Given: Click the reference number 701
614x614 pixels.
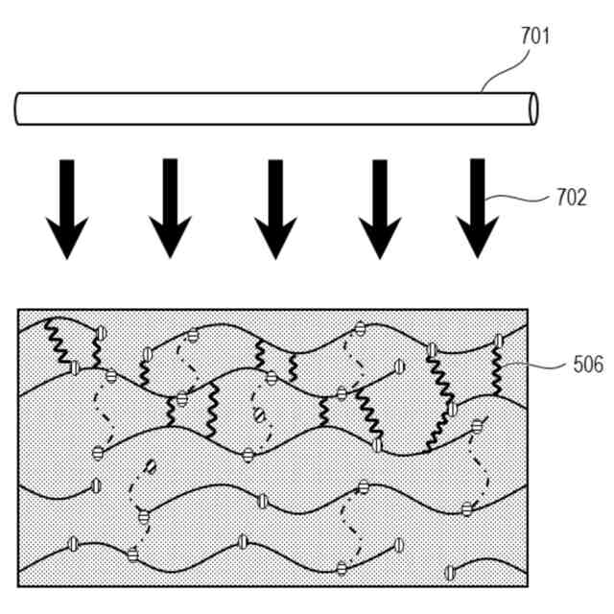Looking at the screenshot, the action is [535, 37].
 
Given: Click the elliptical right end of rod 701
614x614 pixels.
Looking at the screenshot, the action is [532, 108].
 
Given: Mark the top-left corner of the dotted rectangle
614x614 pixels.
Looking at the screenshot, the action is [19, 310].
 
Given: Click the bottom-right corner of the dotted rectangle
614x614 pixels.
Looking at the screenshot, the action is [527, 585].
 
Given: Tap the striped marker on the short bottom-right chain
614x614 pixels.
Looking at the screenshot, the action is [450, 573].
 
